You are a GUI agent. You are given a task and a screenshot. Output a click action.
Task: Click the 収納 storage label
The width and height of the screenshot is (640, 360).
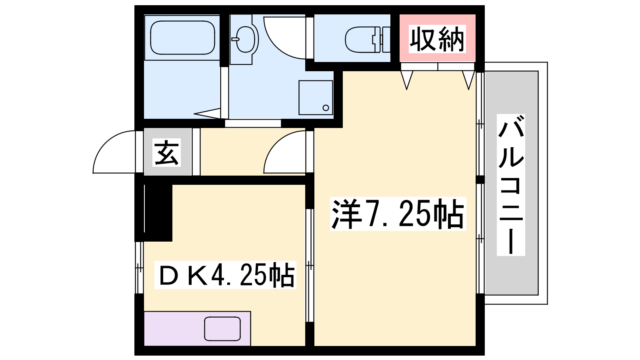[x=437, y=39]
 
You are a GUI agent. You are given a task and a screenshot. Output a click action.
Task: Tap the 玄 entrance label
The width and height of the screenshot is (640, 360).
[x=167, y=152]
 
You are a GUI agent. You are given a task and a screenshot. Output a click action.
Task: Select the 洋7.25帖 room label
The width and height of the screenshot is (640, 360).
[x=398, y=214]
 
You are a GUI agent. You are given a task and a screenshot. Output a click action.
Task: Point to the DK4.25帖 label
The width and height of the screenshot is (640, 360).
[x=225, y=275]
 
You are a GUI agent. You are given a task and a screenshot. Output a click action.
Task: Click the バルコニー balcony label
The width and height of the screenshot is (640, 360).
[x=511, y=185]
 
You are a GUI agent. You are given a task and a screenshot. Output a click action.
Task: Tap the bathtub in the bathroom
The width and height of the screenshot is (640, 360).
[x=182, y=38]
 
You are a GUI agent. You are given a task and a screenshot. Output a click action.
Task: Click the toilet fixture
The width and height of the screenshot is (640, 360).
[x=368, y=40]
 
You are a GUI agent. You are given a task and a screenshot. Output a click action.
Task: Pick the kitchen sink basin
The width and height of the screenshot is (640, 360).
[x=222, y=328]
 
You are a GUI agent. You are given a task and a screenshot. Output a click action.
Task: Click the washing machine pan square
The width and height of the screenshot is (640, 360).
[x=316, y=98]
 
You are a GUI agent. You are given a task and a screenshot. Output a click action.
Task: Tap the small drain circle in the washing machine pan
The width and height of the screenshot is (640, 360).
[x=326, y=108]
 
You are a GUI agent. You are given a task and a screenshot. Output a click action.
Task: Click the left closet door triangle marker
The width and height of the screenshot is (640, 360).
[x=406, y=80]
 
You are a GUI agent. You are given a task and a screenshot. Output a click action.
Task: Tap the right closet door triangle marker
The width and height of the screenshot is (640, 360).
[x=468, y=80]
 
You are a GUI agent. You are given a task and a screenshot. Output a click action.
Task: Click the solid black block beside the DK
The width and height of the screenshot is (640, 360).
[x=158, y=213]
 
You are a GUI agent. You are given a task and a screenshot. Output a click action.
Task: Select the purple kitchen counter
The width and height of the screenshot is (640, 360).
[x=197, y=328]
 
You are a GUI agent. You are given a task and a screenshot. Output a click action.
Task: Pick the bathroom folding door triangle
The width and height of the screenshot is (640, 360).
[x=208, y=114]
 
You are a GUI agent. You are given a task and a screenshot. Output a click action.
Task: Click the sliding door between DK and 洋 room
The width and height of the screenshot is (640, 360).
[x=310, y=266]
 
